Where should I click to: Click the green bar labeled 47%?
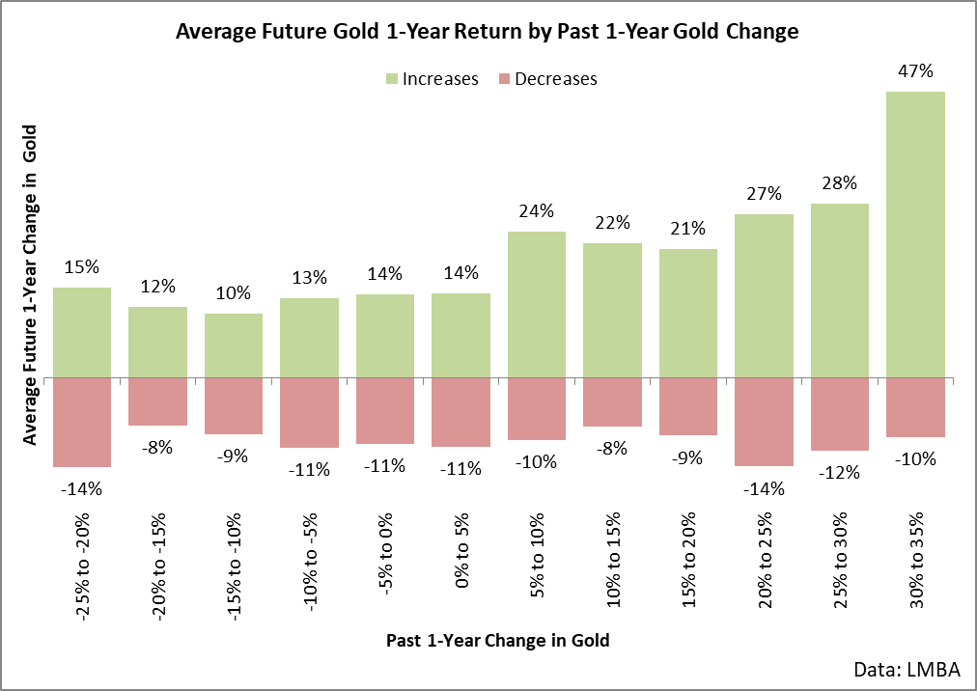tap(915, 235)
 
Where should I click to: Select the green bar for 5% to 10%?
tap(537, 305)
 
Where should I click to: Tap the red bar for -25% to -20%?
tap(82, 422)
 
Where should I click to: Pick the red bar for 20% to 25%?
tap(764, 422)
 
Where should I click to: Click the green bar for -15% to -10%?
tap(234, 345)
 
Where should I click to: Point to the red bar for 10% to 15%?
tap(612, 401)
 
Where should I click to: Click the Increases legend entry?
tap(433, 79)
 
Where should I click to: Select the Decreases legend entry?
tap(547, 79)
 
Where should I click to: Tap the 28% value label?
tap(839, 183)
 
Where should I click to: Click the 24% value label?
tap(537, 211)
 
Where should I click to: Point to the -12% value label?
tap(839, 473)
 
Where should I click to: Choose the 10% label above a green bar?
tap(234, 292)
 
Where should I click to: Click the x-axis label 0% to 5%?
tap(461, 550)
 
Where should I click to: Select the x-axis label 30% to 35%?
tap(916, 560)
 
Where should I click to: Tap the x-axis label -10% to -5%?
tap(310, 562)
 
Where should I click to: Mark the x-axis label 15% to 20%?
tap(688, 560)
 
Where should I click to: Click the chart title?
tap(488, 31)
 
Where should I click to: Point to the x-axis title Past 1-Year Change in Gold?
tap(498, 641)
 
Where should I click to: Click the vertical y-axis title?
tap(29, 285)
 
